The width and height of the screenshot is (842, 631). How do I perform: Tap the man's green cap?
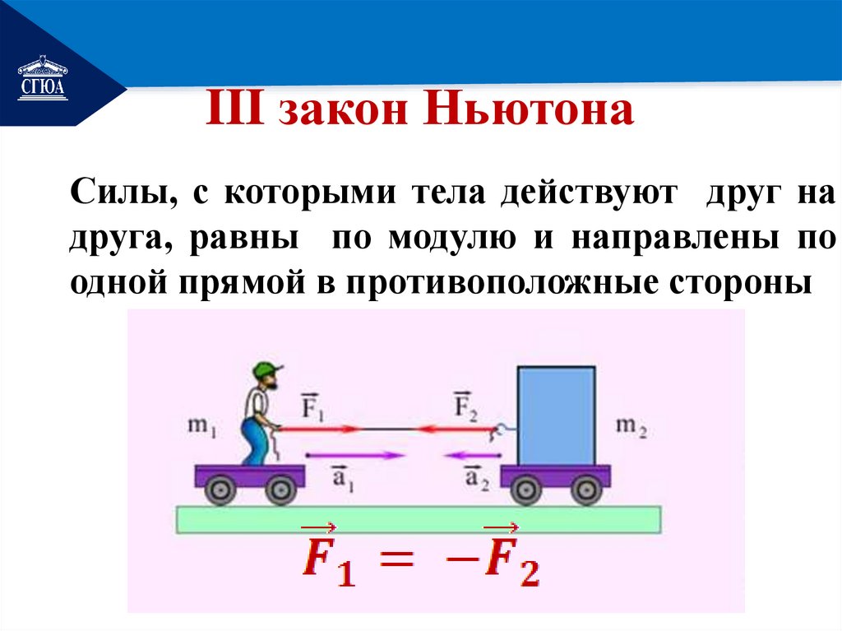point(267,369)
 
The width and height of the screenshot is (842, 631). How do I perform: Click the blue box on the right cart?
point(556,415)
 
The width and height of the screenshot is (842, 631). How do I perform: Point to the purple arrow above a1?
point(354,455)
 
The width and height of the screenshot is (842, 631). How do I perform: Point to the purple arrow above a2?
point(468,455)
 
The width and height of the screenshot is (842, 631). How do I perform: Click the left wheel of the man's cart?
point(219,490)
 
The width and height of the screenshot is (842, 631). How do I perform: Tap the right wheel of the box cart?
point(583,491)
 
